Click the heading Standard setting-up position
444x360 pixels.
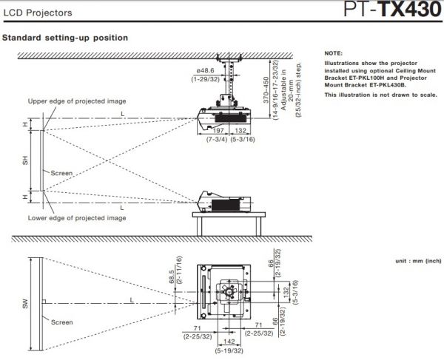tap(66, 37)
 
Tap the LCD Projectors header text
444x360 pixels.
tap(36, 13)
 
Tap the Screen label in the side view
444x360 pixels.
tap(61, 173)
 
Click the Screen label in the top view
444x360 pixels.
tap(61, 322)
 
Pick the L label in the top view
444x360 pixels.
tap(131, 299)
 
